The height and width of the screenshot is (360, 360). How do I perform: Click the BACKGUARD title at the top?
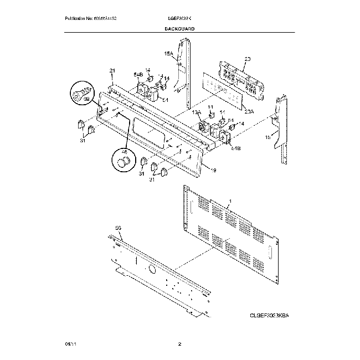tap(179, 27)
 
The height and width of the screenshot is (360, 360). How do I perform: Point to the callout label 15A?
tap(169, 54)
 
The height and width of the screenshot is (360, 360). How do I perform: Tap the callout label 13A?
tap(196, 112)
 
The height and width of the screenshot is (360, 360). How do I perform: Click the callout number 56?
tap(117, 228)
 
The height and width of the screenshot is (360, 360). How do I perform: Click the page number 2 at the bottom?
tap(179, 344)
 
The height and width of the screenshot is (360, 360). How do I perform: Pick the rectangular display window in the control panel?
tap(148, 135)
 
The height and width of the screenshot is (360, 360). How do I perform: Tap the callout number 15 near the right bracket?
tap(268, 137)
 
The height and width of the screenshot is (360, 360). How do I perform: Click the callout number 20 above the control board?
tap(248, 59)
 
